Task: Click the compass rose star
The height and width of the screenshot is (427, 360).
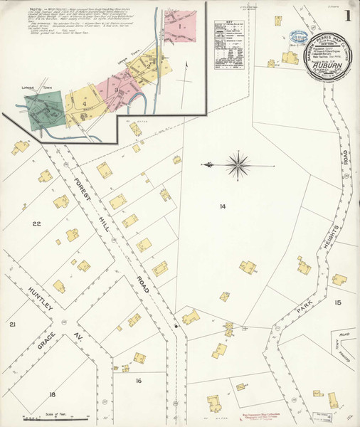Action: point(237,165)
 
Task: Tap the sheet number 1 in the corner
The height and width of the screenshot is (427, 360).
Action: point(346,15)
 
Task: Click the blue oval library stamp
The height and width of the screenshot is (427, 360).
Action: point(295,37)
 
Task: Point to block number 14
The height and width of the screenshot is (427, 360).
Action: point(223,206)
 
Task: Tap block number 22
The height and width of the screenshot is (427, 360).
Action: point(36,224)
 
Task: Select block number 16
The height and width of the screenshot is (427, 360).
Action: point(139,381)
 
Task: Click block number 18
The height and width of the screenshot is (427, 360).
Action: point(52,394)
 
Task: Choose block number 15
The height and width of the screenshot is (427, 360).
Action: point(338,303)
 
